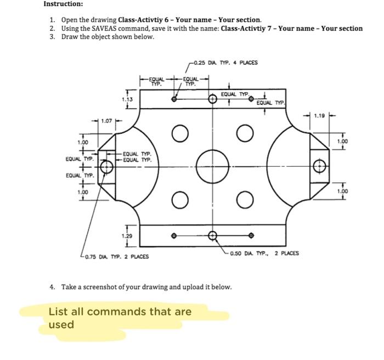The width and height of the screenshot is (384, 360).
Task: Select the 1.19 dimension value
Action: [x=318, y=116]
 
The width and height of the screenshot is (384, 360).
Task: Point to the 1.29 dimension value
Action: [x=127, y=235]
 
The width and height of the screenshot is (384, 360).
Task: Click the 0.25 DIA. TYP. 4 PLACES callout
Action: [x=226, y=63]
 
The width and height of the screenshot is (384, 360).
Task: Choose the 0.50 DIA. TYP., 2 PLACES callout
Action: [x=264, y=254]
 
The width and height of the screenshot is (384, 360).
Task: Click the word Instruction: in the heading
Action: [x=64, y=4]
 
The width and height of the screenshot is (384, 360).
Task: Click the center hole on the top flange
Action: [x=212, y=99]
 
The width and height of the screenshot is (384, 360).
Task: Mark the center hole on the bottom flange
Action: [x=212, y=235]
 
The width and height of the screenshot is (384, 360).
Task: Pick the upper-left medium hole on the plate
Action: [x=177, y=133]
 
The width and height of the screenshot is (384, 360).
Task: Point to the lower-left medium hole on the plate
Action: [x=177, y=198]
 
